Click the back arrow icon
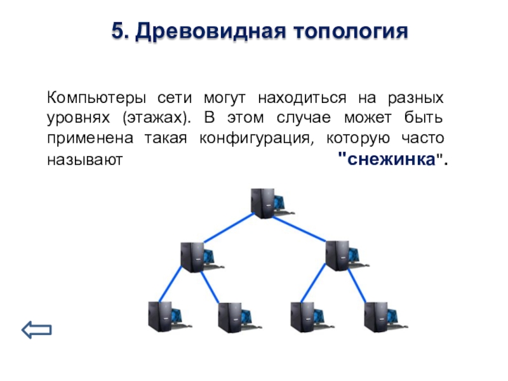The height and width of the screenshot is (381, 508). [x=37, y=330]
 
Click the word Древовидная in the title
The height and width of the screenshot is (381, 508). [x=211, y=31]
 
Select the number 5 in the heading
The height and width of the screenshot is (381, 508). [x=118, y=31]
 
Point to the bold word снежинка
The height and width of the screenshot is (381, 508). [x=391, y=159]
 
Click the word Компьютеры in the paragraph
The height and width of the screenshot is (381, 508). [x=97, y=98]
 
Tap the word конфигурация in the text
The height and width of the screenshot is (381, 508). [x=257, y=138]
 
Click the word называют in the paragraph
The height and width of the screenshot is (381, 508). [x=85, y=160]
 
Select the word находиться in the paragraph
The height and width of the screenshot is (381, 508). [x=302, y=98]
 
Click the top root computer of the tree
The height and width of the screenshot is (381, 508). [x=272, y=203]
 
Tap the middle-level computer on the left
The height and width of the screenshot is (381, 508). [x=202, y=257]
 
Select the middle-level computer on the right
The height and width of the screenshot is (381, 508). [x=347, y=256]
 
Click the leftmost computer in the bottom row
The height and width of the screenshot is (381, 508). [x=170, y=316]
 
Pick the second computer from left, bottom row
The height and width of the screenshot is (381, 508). [x=240, y=317]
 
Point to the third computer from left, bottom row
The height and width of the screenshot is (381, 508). [x=312, y=317]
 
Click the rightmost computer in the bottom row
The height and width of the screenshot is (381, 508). [x=386, y=317]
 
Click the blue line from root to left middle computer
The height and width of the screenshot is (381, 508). [x=229, y=227]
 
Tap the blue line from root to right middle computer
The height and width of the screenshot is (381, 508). [x=299, y=229]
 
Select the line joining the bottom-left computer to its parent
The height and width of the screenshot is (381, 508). [x=170, y=283]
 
